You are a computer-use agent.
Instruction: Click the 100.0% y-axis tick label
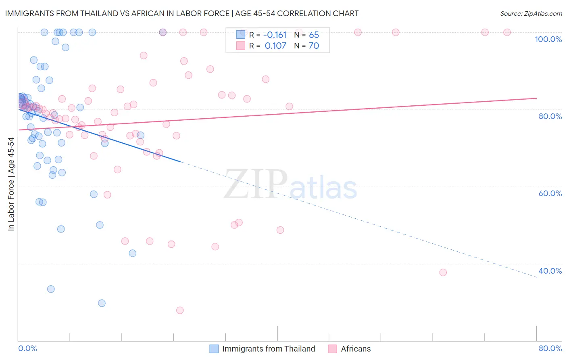tap(548, 39)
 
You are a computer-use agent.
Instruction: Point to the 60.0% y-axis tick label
tap(550, 193)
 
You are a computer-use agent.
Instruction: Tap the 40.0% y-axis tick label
tap(550, 271)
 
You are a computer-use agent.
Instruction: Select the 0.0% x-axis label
tap(27, 348)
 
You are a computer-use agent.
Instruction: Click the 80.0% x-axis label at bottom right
tap(550, 348)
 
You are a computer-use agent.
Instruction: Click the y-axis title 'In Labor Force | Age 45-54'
tap(11, 184)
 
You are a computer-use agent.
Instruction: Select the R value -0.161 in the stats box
tap(275, 35)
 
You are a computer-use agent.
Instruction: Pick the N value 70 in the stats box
tap(314, 46)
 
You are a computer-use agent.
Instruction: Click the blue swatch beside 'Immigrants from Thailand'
tap(214, 349)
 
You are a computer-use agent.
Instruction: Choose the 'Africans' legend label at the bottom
tap(356, 349)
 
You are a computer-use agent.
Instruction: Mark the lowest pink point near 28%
tap(180, 310)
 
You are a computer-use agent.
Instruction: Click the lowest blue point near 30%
tap(102, 303)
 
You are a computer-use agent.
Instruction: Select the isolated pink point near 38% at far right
tap(443, 272)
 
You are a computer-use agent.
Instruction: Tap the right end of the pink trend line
tap(536, 98)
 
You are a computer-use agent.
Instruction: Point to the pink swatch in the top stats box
tap(241, 46)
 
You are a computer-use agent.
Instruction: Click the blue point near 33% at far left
tap(51, 289)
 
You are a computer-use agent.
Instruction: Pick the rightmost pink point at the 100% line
tap(507, 32)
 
